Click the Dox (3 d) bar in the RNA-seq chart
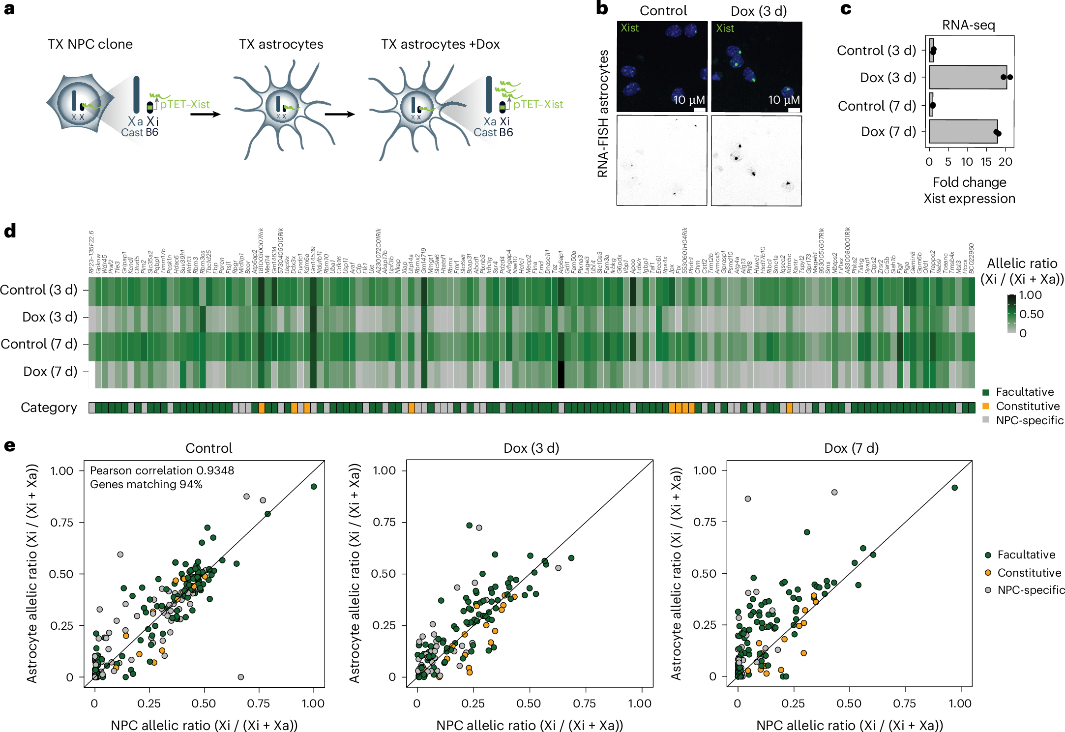coord(968,77)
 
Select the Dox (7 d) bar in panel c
coord(963,132)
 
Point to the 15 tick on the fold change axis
coord(986,162)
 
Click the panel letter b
coord(602,8)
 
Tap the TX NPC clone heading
coord(90,44)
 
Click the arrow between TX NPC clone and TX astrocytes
coord(205,115)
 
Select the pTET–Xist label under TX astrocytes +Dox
coord(538,104)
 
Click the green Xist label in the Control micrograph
coord(629,28)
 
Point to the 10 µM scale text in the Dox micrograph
coord(783,100)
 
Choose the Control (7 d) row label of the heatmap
coord(39,344)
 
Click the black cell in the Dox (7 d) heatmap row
coord(561,375)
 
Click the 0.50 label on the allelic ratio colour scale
coord(1031,314)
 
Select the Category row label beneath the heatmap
coord(49,408)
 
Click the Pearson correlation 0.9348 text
coord(162,470)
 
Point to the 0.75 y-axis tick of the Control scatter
coord(62,523)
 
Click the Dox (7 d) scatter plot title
coord(851,448)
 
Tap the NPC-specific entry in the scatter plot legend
coord(1031,590)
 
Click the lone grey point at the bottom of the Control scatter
coord(240,677)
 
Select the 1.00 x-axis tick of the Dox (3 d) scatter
coord(639,703)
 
